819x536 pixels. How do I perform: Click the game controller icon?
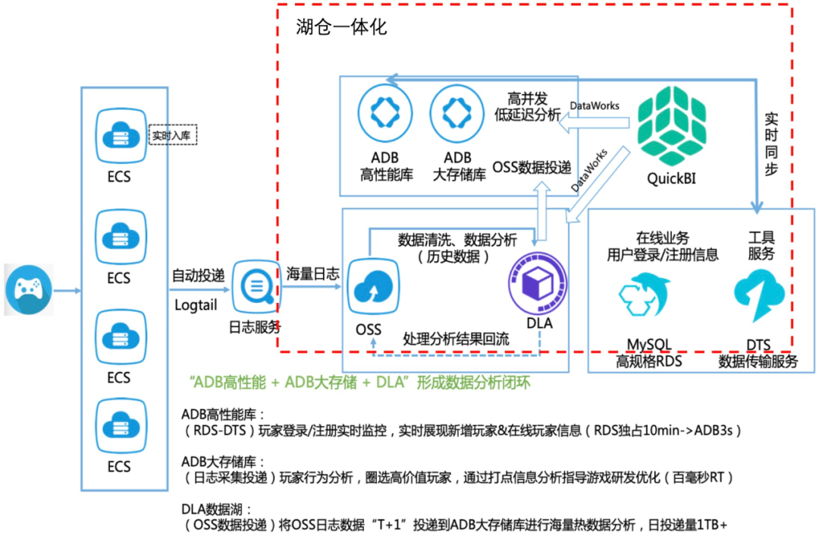(29, 289)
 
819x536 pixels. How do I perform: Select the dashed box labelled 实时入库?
(172, 136)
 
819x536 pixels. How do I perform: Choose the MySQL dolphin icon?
(644, 296)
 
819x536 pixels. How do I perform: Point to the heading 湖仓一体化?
(341, 28)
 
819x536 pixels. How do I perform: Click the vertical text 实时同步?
(771, 144)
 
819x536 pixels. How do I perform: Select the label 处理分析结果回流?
(456, 338)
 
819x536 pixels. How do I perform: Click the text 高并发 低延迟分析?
(528, 106)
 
